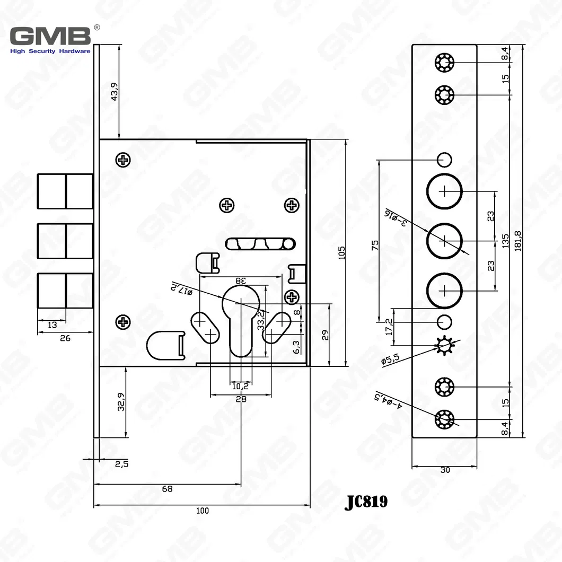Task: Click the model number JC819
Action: [366, 502]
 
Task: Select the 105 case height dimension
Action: [341, 252]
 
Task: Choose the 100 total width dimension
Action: [202, 511]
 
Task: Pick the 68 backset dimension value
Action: [167, 489]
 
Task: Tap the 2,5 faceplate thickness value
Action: [121, 464]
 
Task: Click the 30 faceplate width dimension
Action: [445, 470]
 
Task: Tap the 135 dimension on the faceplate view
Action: [505, 241]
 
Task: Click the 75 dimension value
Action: [375, 244]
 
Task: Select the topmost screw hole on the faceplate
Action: [444, 63]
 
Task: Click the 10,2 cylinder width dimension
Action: [240, 387]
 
